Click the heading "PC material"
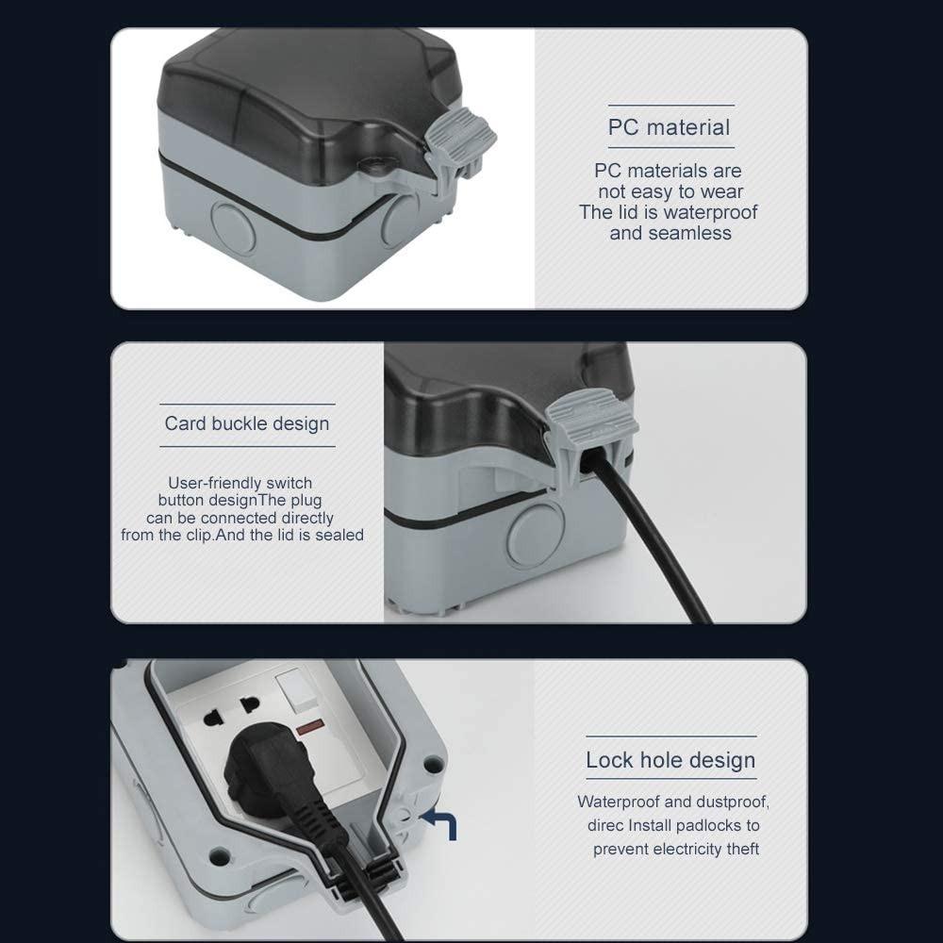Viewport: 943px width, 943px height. click(x=669, y=127)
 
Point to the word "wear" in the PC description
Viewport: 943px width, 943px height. click(x=721, y=191)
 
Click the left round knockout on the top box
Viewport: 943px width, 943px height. click(x=230, y=223)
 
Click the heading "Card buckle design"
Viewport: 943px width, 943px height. click(x=247, y=423)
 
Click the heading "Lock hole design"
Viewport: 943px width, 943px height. click(x=670, y=760)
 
